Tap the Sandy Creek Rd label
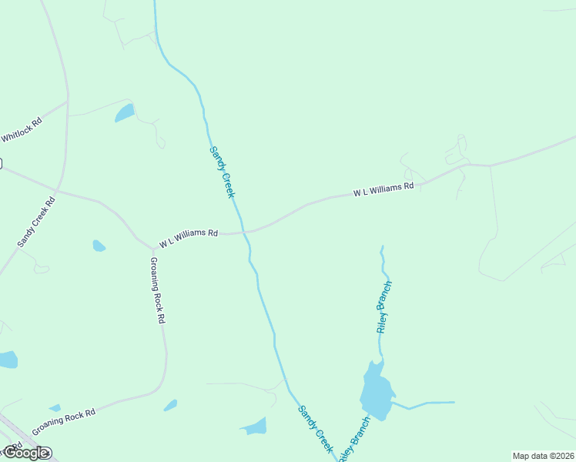pos(37,223)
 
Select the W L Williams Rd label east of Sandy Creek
pos(383,189)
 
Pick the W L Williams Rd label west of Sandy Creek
pos(189,237)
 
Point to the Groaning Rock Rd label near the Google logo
pos(64,422)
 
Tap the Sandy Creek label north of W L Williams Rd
pos(222,172)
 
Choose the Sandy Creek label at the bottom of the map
pos(315,429)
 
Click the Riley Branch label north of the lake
pos(385,306)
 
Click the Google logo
pos(25,453)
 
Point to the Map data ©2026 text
pos(542,456)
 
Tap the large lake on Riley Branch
pos(376,391)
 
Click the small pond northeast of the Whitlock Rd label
pos(124,114)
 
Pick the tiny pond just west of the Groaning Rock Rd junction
pos(99,246)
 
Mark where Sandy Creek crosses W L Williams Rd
pos(246,231)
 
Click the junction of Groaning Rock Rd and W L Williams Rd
pos(151,248)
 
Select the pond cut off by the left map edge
pos(7,360)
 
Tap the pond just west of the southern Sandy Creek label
pos(254,426)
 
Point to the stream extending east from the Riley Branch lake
pos(427,403)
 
